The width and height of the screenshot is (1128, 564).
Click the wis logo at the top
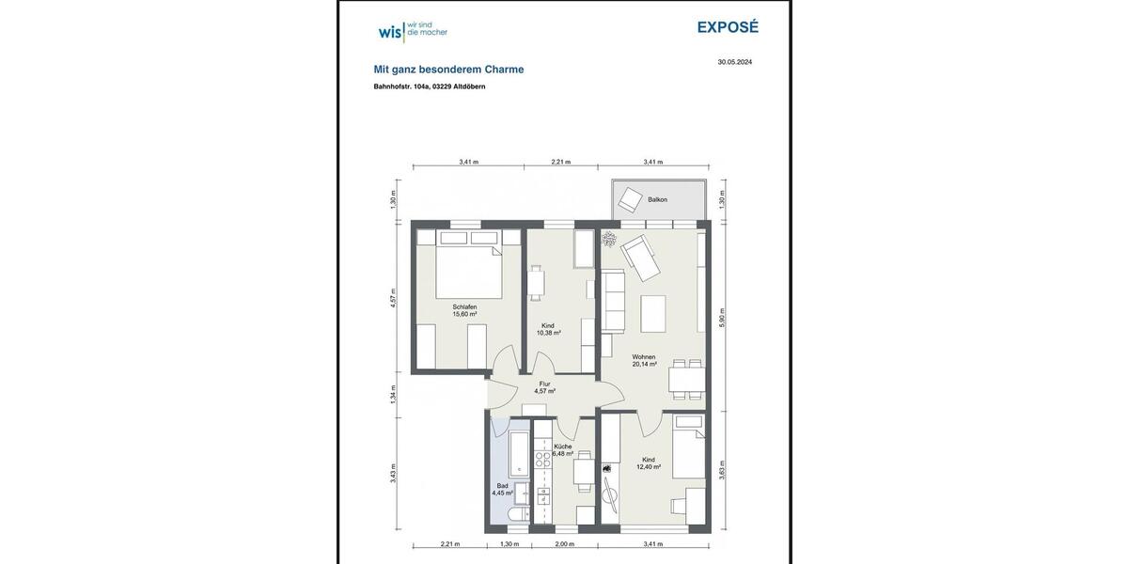click(412, 31)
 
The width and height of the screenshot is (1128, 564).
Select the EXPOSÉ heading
click(727, 27)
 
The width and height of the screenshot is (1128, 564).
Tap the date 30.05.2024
click(734, 62)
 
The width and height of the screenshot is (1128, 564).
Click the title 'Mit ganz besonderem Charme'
click(448, 70)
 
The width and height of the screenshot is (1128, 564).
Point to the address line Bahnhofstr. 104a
click(429, 86)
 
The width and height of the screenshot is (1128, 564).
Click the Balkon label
click(657, 199)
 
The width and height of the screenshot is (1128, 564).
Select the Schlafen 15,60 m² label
click(464, 311)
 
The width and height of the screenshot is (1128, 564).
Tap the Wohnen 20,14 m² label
click(644, 361)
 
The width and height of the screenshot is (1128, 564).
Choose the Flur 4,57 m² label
click(544, 387)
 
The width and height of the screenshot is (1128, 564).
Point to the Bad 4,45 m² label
click(503, 489)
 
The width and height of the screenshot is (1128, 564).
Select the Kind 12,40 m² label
click(649, 462)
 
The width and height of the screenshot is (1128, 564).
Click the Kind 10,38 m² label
click(549, 329)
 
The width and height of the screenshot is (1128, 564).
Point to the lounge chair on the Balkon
click(628, 198)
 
